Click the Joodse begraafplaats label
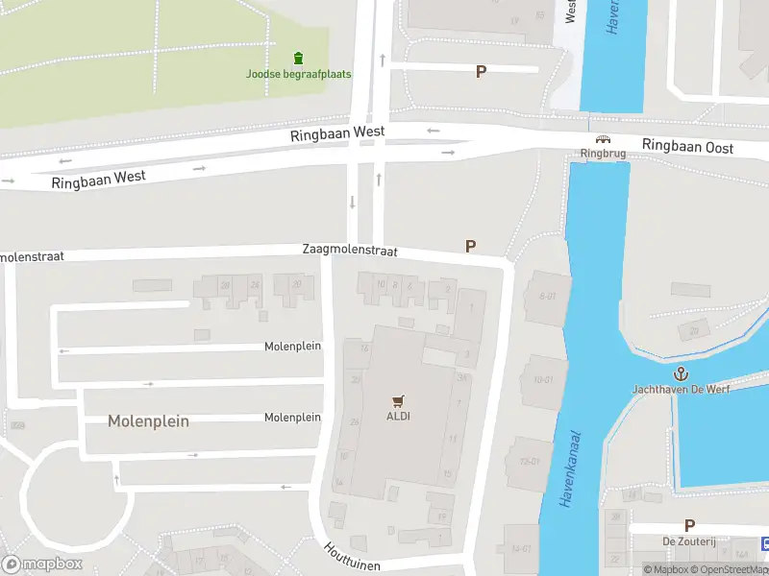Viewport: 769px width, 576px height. (298, 74)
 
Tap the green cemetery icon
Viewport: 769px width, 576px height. (298, 58)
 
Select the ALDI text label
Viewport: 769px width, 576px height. (398, 416)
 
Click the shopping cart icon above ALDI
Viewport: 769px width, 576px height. (398, 400)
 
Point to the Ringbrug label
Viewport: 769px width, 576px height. (603, 154)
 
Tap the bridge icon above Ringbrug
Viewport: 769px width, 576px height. (603, 139)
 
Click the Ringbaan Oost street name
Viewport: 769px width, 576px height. (687, 147)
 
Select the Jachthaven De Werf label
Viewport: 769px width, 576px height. (680, 390)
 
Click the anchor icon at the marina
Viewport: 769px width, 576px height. (680, 373)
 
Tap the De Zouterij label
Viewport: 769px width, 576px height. (689, 541)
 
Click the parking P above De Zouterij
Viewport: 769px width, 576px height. (689, 525)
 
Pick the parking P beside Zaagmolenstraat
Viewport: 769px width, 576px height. (470, 247)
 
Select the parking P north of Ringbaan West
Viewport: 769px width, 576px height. (481, 72)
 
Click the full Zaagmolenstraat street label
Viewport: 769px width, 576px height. (349, 249)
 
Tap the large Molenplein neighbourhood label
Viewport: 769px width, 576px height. (148, 420)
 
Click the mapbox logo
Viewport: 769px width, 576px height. (42, 564)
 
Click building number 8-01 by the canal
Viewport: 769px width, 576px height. (548, 296)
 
